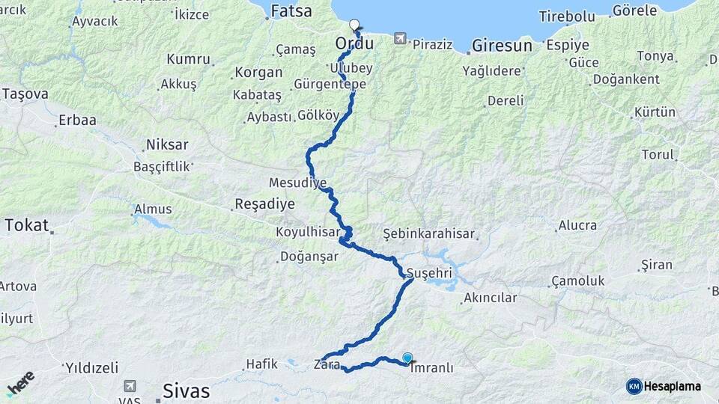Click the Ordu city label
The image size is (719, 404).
pos(354,44)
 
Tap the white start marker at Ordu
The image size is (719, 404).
pos(354,25)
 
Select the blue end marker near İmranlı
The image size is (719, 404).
pos(407,358)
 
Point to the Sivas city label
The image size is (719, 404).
pos(186,391)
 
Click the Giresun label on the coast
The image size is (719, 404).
pos(502,46)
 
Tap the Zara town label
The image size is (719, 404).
pos(327,365)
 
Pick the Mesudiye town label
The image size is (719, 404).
pos(297,183)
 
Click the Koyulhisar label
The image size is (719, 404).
pos(308,232)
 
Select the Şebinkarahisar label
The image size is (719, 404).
pos(429,233)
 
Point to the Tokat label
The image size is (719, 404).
pos(26,225)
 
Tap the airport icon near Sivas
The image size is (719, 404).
pos(130,386)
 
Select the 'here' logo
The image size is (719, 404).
pos(21,383)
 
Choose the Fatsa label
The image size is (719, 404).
pos(291,10)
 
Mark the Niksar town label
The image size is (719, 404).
pos(167,144)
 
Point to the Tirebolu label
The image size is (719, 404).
pos(566,16)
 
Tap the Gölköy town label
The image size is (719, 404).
pos(318,115)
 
